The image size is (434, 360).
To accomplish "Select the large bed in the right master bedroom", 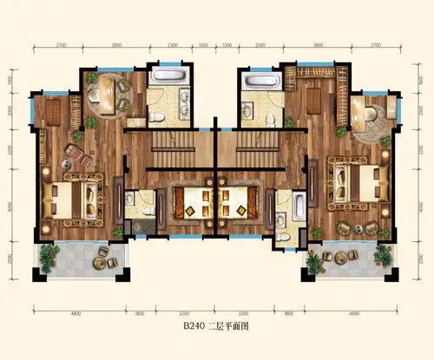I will [356, 180].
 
